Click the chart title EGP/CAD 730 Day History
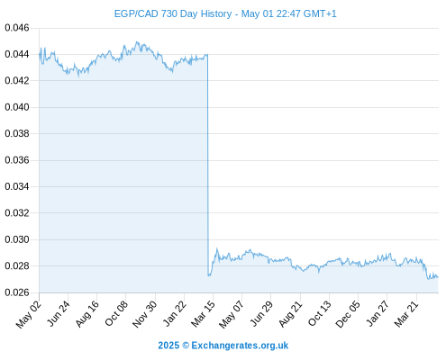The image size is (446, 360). pos(173,13)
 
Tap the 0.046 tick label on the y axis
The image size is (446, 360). pos(17,28)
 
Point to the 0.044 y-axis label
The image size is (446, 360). pos(17,54)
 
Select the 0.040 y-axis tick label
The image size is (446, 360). pos(17,107)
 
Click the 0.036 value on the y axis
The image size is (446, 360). pos(17,160)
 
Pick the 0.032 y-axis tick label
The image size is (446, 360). pos(17,213)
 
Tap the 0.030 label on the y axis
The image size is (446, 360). pos(17,239)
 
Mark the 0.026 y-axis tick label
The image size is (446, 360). pos(17,292)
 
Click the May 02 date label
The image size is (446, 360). pos(29,314)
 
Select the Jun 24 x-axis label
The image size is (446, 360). pos(59,313)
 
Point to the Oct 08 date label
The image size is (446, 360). pos(116,313)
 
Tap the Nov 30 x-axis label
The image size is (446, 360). pos(145,314)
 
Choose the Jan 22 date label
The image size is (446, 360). pos(175,313)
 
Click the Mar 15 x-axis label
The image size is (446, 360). pos(204,313)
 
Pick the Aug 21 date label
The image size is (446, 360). pos(290,313)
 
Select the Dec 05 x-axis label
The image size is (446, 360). pos(348,314)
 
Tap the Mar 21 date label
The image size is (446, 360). pos(406,313)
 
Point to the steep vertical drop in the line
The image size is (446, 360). pos(207,165)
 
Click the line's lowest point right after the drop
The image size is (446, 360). pos(208,275)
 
